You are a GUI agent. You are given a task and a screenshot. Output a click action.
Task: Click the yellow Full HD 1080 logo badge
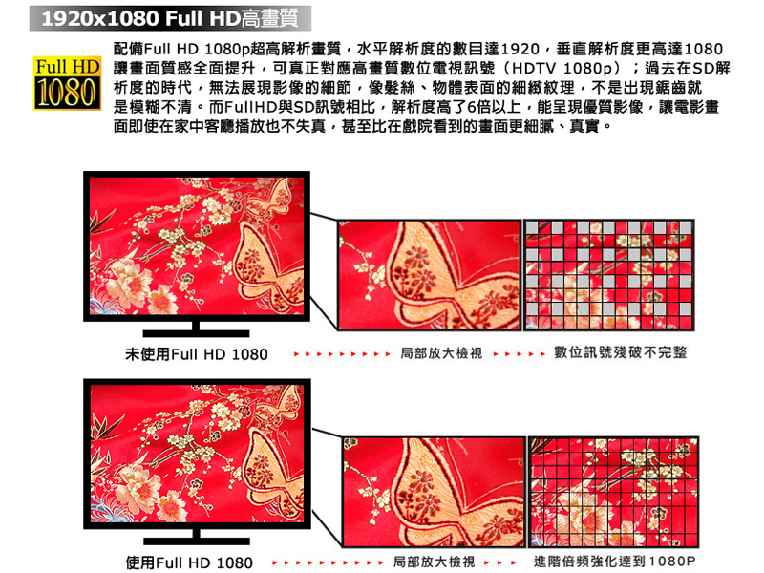[x=67, y=83]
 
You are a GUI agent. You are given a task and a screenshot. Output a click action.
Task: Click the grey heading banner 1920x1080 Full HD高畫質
[x=170, y=18]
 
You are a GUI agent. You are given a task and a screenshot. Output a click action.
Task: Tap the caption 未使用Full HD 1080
[x=197, y=354]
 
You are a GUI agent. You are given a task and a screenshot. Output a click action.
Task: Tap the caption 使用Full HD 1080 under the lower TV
[x=189, y=562]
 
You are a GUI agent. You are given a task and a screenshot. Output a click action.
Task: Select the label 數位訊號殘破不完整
[x=620, y=352]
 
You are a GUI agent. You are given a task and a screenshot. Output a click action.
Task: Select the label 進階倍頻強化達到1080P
[x=614, y=562]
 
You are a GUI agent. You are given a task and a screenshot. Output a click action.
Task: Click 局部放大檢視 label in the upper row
[x=441, y=352]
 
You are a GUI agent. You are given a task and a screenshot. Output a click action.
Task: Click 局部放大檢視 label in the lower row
[x=434, y=562]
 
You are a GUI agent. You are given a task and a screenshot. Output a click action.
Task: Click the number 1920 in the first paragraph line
[x=520, y=50]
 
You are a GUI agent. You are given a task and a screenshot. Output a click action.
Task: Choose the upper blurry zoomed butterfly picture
[x=430, y=275]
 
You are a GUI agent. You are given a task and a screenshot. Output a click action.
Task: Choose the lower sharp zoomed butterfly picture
[x=435, y=492]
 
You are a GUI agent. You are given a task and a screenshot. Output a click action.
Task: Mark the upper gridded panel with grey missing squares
[x=608, y=275]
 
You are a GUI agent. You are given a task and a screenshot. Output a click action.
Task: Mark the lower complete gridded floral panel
[x=614, y=492]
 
